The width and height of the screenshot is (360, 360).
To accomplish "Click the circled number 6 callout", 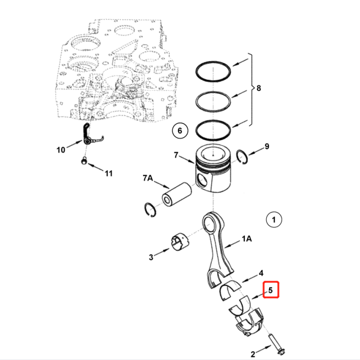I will [x=180, y=131].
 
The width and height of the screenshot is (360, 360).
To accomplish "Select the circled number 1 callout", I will [x=274, y=220].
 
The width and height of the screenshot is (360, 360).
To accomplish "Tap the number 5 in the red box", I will [x=271, y=291].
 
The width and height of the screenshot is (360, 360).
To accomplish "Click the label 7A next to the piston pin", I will [x=148, y=178].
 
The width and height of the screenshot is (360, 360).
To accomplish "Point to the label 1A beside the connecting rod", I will [x=246, y=239].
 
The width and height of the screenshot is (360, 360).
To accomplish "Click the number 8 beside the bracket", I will [x=258, y=88].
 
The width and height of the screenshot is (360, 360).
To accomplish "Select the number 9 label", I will [x=266, y=147].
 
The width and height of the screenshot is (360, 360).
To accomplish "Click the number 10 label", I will [x=61, y=150].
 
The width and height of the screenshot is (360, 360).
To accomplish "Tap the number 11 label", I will [x=109, y=173].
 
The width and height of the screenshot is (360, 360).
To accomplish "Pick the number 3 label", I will [x=151, y=257].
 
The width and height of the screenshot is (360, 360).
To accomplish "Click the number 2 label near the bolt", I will [x=253, y=354].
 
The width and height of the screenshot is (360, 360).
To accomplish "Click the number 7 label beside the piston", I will [x=176, y=154].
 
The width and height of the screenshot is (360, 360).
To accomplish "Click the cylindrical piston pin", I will [x=176, y=196].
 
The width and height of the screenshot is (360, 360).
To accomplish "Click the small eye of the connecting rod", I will [x=210, y=222].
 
